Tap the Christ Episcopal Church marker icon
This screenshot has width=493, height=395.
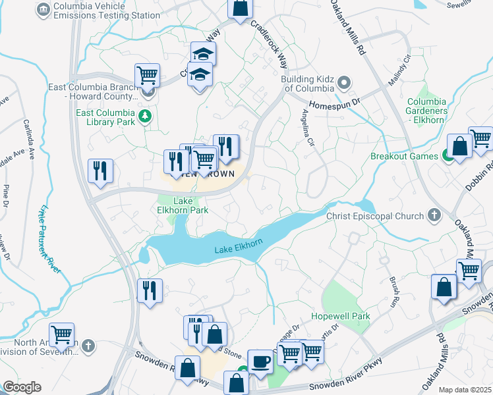434,215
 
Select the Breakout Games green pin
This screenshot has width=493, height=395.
448,156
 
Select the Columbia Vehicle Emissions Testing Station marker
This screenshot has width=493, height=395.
43,9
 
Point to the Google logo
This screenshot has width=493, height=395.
22,387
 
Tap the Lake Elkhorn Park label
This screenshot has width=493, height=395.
190,205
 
